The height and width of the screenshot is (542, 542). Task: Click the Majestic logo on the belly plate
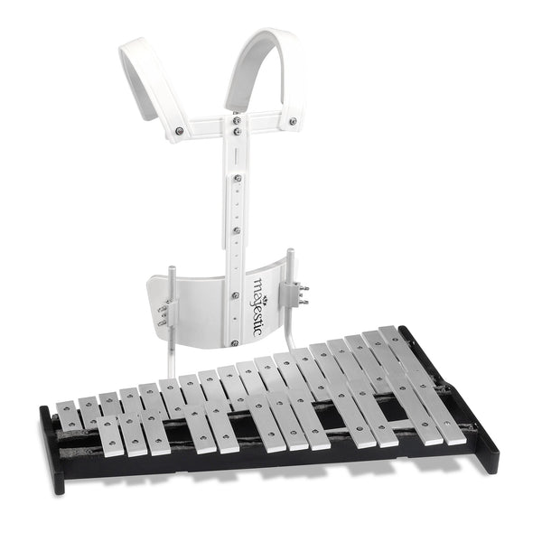[257, 306]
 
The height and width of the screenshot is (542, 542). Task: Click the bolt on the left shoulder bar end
[180, 131]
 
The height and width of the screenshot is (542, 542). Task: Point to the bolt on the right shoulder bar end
[292, 121]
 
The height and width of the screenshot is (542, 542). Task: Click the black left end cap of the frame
[51, 452]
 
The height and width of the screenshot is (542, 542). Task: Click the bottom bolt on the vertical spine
[233, 342]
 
